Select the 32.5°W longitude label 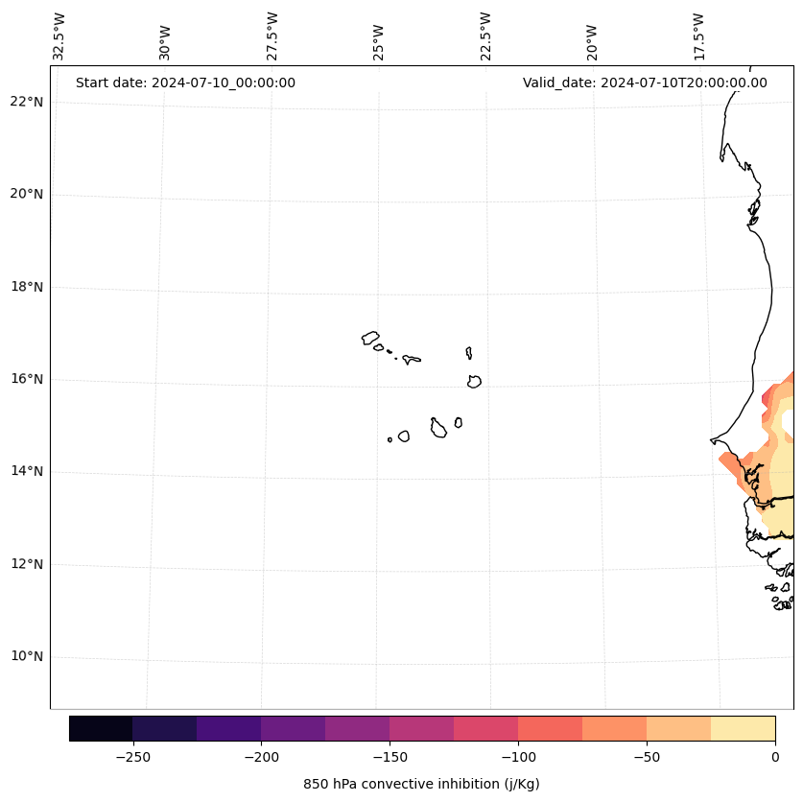coord(59,36)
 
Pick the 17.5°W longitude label coord(698,36)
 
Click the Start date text coord(185,83)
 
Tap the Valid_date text coord(645,83)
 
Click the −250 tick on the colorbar coord(132,756)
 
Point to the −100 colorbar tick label coord(518,756)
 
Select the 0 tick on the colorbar coord(774,756)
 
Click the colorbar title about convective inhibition coord(421,784)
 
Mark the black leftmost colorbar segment coord(101,728)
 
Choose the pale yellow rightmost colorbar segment coord(743,728)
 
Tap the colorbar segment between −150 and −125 coord(421,728)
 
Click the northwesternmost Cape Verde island coord(370,338)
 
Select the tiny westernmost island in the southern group coord(390,439)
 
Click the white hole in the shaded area coord(789,422)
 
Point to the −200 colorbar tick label coord(261,756)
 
